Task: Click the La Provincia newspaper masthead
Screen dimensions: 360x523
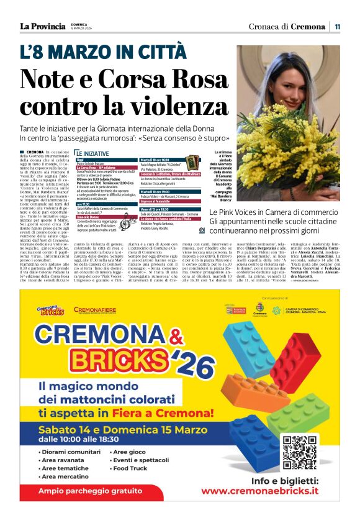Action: pos(42,26)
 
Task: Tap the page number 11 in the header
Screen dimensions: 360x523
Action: pos(337,27)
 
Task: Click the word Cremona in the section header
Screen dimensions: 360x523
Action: pos(307,27)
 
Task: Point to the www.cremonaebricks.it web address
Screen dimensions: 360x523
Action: pos(260,491)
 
